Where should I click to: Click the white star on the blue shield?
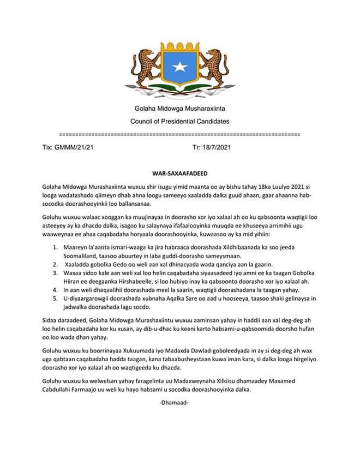pyautogui.click(x=179, y=68)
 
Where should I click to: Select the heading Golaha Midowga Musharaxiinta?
pyautogui.click(x=179, y=110)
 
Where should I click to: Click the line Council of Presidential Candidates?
pyautogui.click(x=179, y=121)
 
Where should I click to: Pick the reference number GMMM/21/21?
pyautogui.click(x=77, y=147)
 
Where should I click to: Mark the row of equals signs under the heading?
pyautogui.click(x=179, y=133)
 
